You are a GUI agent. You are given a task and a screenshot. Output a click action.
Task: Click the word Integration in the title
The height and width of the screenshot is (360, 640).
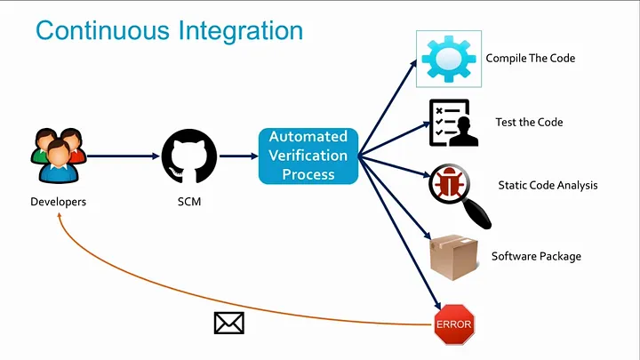[239, 32]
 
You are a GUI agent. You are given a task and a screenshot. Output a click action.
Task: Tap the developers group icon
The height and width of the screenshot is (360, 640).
[59, 155]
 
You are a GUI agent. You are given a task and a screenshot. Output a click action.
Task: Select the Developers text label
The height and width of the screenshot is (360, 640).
[59, 202]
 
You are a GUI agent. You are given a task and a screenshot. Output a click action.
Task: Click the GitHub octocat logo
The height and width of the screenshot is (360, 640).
[188, 156]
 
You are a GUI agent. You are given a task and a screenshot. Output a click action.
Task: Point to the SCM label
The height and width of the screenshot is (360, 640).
[188, 202]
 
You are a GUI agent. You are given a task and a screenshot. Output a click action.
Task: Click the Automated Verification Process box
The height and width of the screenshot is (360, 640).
[308, 156]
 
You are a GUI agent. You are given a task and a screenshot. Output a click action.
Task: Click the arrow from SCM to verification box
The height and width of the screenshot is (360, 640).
[237, 156]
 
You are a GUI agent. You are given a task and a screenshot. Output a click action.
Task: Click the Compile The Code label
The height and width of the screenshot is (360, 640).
[530, 59]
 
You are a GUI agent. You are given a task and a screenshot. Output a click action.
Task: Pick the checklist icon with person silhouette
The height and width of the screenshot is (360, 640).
[452, 123]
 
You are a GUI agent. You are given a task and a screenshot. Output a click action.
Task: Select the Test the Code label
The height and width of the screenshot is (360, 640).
[529, 123]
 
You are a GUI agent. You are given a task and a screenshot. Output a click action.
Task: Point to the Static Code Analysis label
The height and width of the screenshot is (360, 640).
[548, 186]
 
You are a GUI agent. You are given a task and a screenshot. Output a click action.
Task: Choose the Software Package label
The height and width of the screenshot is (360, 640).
[536, 257]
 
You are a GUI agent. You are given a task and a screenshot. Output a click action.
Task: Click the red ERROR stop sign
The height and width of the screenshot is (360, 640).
[453, 324]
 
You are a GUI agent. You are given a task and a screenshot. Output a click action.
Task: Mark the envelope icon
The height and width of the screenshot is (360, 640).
[229, 323]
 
